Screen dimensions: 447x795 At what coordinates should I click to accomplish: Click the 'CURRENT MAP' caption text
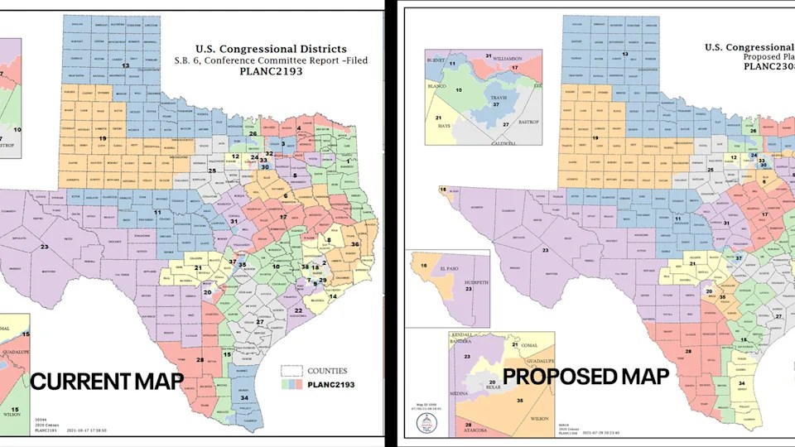[x=107, y=382]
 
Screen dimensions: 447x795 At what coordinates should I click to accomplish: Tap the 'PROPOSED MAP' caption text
[x=586, y=376]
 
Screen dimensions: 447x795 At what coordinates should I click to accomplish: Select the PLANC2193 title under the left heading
[x=271, y=71]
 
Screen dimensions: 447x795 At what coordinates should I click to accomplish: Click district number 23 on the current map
[x=44, y=247]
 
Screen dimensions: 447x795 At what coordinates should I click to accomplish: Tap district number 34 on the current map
[x=243, y=397]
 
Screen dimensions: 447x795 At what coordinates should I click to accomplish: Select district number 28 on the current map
[x=200, y=359]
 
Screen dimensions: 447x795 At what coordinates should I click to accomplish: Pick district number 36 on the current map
[x=355, y=244]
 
